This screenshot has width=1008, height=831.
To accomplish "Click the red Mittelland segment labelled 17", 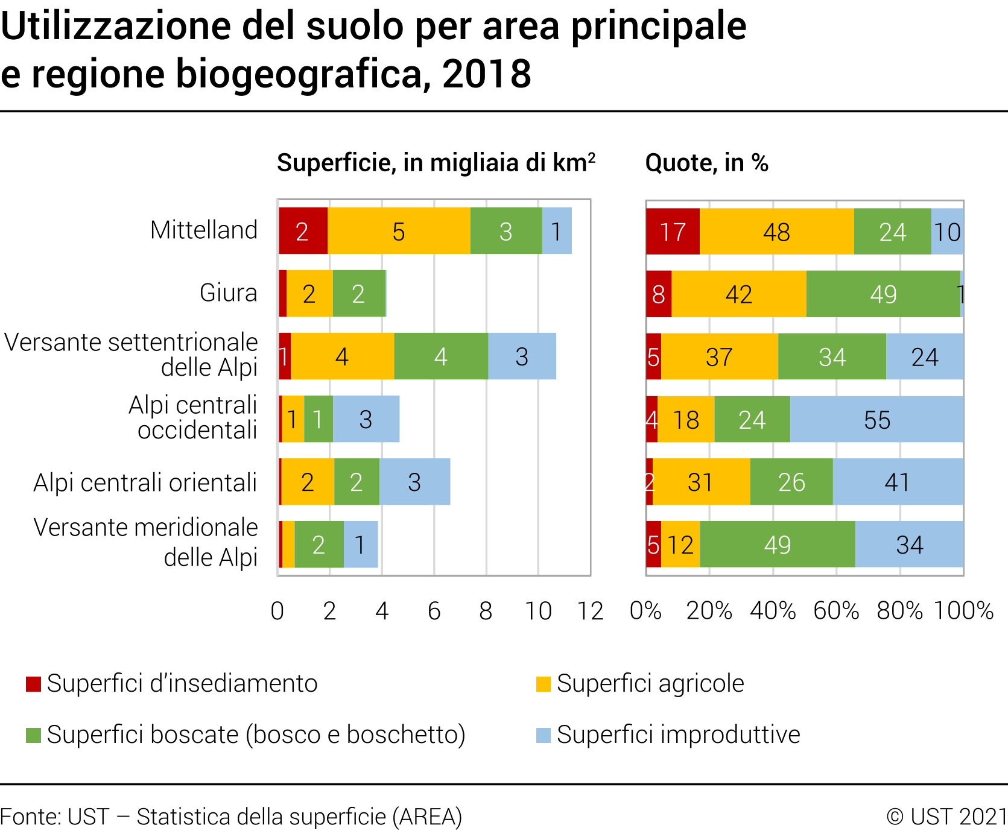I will click(x=673, y=232).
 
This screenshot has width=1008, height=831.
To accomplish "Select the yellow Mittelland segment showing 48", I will click(x=776, y=232).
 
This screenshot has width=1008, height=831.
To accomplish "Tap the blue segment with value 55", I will click(x=876, y=420).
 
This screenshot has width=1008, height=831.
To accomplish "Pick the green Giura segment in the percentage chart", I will click(x=883, y=294).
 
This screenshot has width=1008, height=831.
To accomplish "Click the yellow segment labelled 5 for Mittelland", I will click(x=399, y=232).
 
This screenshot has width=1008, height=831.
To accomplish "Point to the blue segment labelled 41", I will click(x=897, y=482).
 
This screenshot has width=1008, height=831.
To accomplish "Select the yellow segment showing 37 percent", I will click(x=719, y=357).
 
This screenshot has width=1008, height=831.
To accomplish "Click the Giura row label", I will click(x=228, y=293).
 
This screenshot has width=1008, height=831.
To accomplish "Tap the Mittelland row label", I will click(x=204, y=230).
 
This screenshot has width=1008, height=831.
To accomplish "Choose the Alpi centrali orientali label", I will click(x=145, y=482).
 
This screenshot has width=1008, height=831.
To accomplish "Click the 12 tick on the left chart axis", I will click(x=590, y=611).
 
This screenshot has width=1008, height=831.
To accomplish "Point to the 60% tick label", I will click(x=836, y=611).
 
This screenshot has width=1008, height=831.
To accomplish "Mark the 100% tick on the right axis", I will click(x=963, y=611).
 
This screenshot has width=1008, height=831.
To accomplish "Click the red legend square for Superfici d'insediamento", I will click(x=34, y=684).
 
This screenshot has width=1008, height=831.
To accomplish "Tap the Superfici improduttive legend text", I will click(x=678, y=735).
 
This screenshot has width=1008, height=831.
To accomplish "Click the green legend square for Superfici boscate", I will click(x=34, y=736).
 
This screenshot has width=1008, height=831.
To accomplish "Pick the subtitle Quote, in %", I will click(x=706, y=163).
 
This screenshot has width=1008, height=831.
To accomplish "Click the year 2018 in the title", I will click(x=486, y=74).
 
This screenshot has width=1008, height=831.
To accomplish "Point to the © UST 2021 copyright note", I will click(x=946, y=817).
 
